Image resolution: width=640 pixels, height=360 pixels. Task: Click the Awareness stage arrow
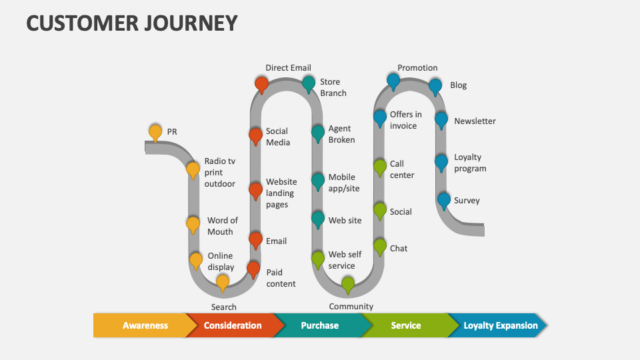[145, 325]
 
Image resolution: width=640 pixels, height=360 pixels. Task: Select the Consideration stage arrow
[233, 325]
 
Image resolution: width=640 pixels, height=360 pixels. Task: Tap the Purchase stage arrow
[320, 325]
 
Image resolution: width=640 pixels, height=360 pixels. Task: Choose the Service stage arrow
[405, 325]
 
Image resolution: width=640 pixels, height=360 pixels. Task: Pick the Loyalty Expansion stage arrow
[500, 325]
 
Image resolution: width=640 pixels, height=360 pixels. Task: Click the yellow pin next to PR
[155, 131]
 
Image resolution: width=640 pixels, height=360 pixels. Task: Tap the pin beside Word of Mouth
[193, 223]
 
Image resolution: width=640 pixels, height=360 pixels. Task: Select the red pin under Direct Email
[262, 84]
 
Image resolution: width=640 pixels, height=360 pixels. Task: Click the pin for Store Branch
[309, 83]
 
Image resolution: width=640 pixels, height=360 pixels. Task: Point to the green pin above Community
[348, 284]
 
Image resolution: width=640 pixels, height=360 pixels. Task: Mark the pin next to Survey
[444, 199]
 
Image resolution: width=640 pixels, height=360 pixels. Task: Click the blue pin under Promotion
[393, 81]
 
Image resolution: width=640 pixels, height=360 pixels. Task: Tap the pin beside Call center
[379, 167]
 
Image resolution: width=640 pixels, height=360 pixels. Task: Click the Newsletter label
[475, 121]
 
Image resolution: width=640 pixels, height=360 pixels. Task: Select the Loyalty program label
[470, 163]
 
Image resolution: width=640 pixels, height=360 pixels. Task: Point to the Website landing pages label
[281, 193]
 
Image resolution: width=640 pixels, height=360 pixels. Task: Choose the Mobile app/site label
[344, 183]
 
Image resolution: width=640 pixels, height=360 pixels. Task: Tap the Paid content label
[281, 278]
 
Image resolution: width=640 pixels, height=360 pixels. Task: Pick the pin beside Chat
[379, 246]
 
